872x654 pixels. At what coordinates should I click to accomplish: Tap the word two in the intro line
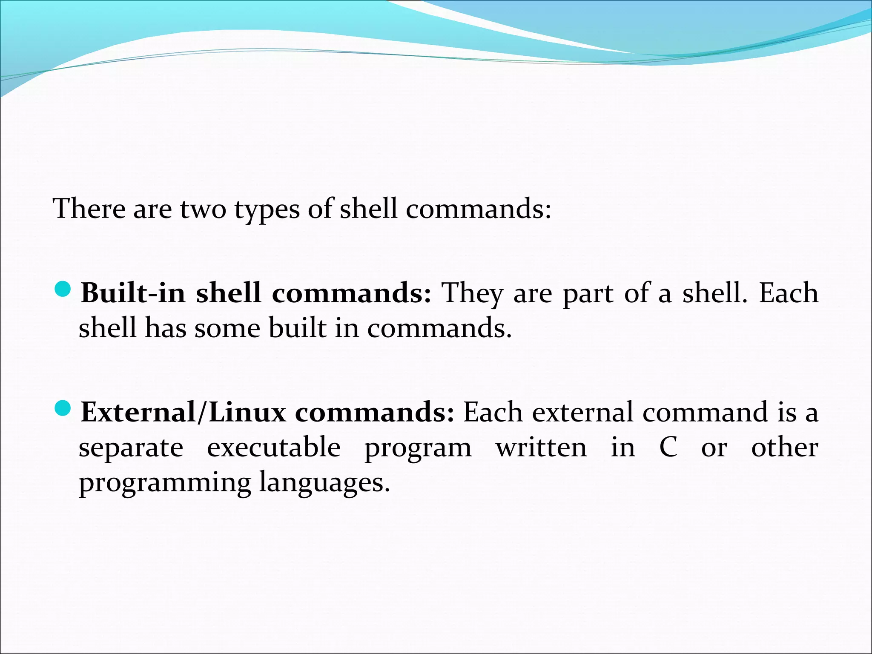click(x=203, y=209)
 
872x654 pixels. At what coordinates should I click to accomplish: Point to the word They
click(x=473, y=294)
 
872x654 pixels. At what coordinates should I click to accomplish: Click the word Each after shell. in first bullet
click(x=789, y=293)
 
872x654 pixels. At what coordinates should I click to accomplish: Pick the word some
click(x=227, y=329)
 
